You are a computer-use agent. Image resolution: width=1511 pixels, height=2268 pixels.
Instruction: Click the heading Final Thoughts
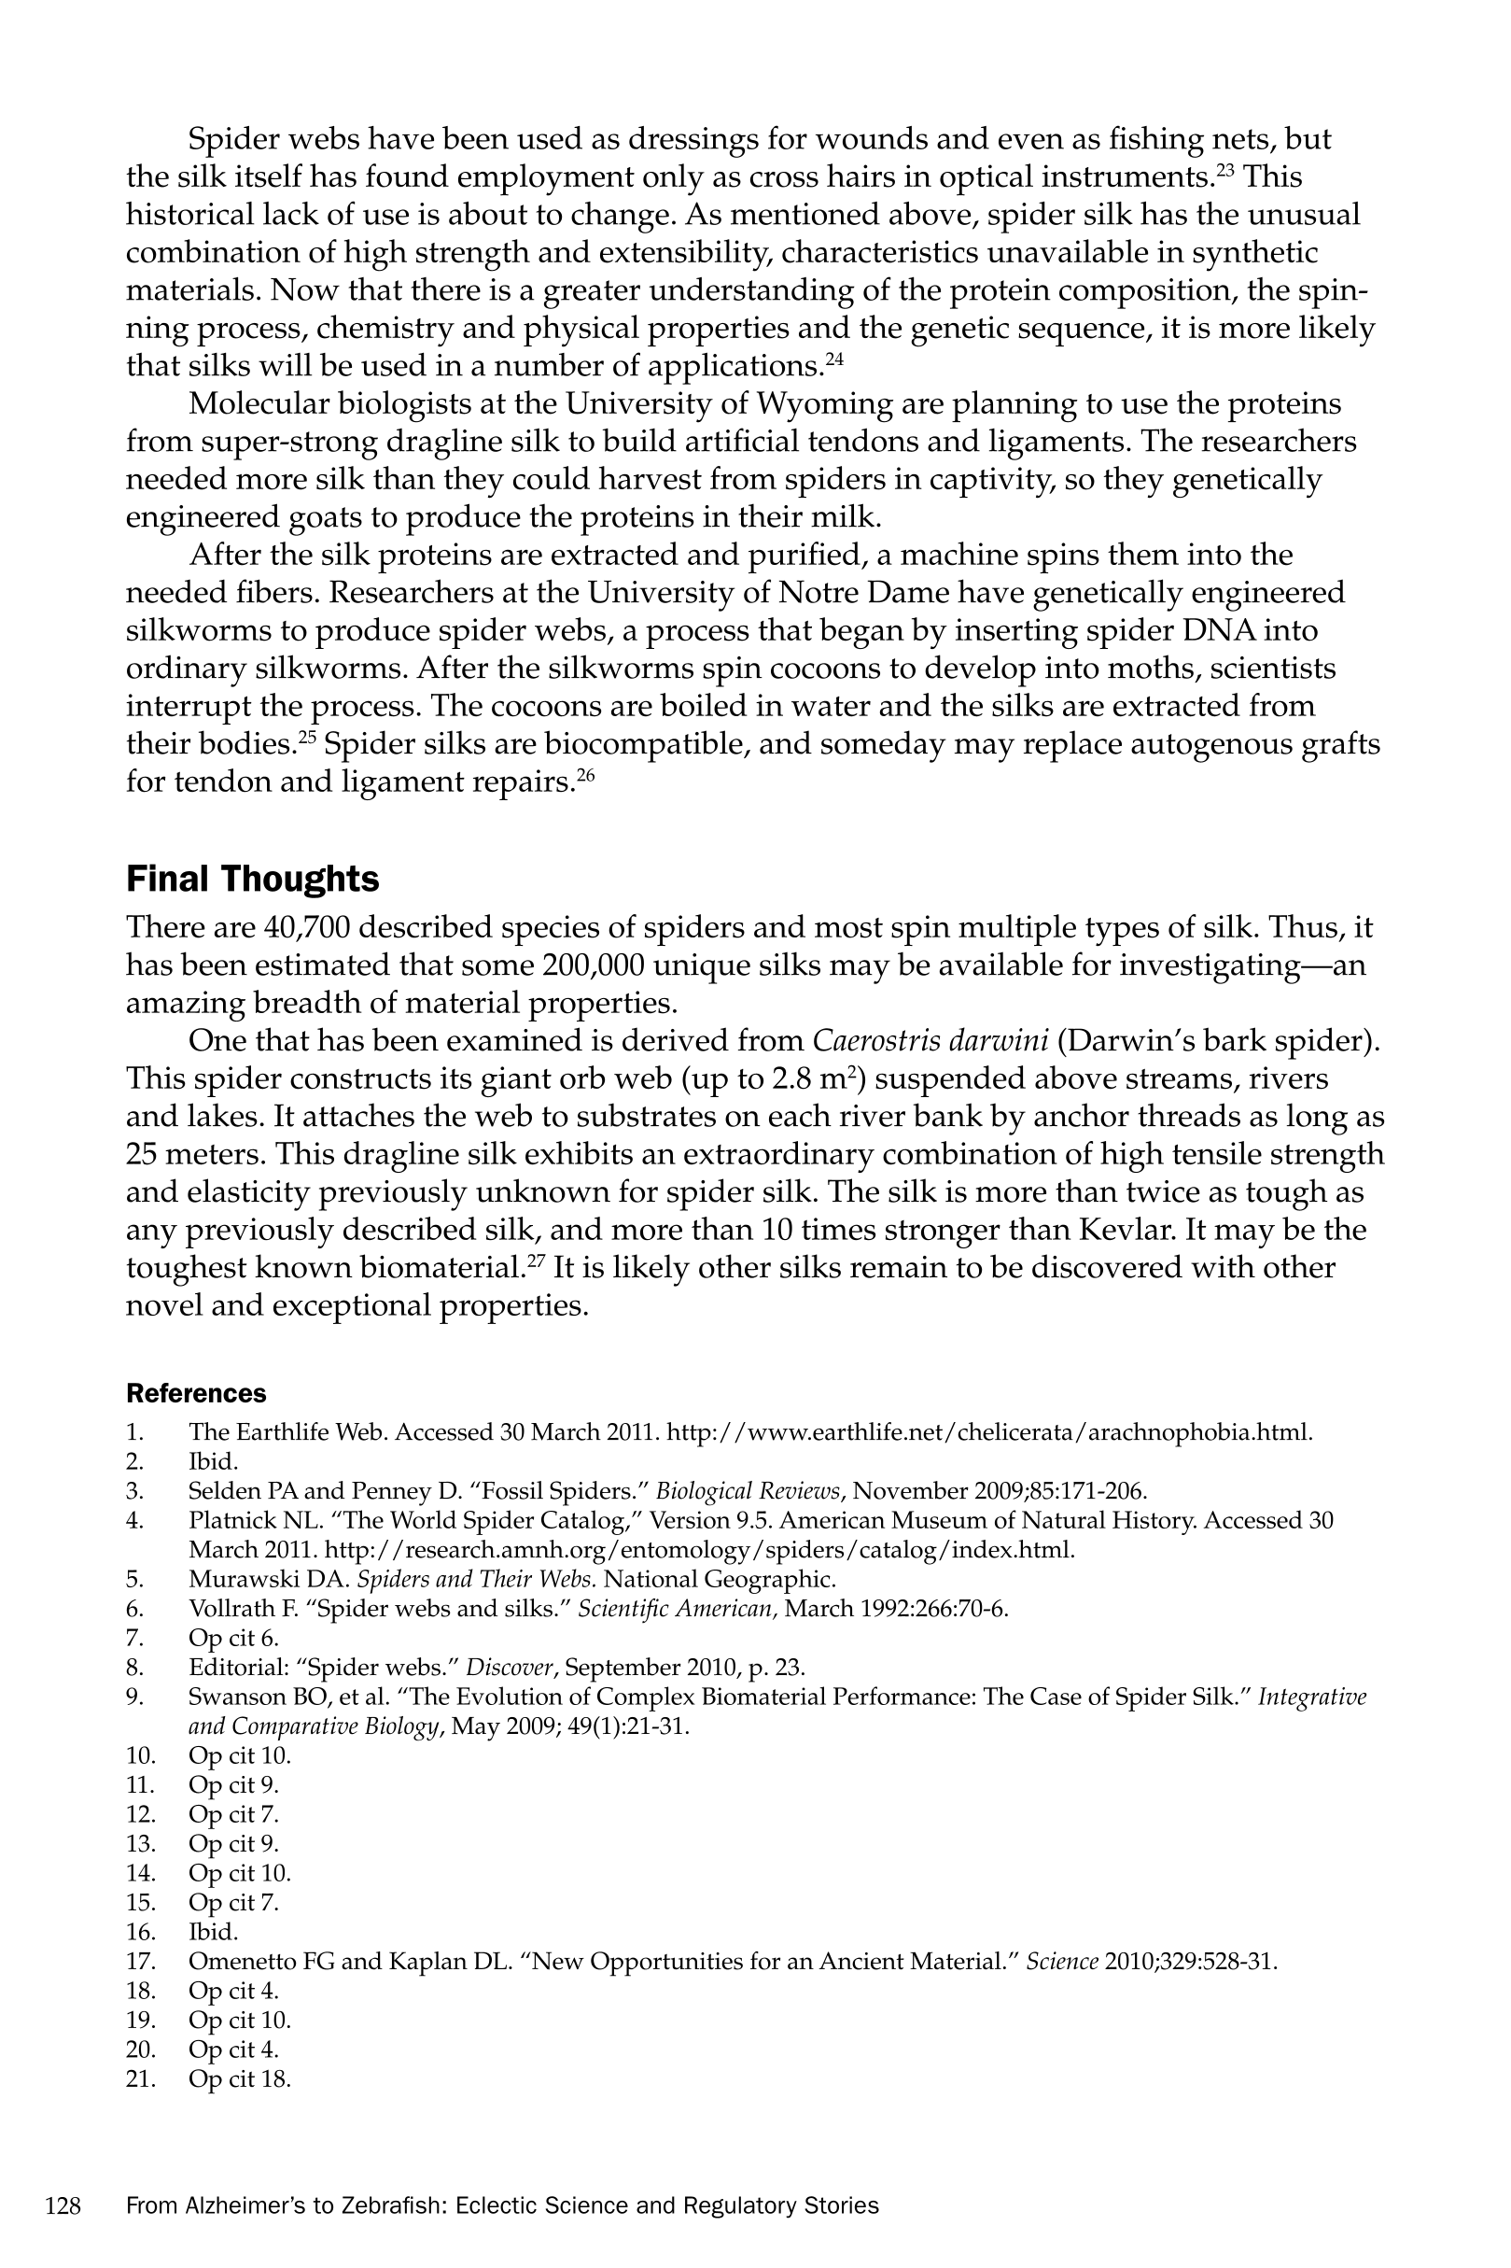pos(253,879)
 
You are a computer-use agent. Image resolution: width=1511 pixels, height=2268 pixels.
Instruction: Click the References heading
pos(197,1394)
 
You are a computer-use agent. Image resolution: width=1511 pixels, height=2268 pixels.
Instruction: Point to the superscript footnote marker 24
pos(834,359)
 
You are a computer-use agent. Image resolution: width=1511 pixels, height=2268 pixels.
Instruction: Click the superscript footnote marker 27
pos(536,1260)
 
